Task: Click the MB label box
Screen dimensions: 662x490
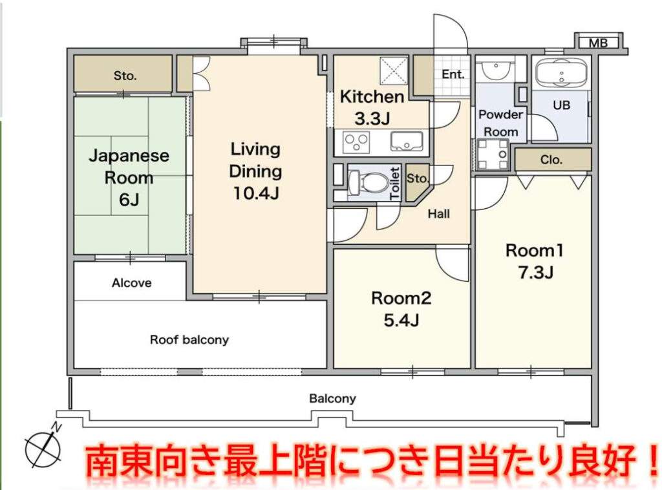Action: tap(598, 43)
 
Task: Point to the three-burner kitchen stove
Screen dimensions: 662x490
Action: tap(357, 142)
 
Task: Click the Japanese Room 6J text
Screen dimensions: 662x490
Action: tap(129, 177)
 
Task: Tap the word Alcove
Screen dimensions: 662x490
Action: tap(131, 282)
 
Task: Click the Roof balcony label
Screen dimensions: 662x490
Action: tap(189, 340)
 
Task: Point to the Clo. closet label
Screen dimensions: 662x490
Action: tap(551, 160)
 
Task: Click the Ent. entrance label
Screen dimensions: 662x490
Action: tap(453, 75)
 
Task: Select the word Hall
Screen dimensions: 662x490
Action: tap(439, 214)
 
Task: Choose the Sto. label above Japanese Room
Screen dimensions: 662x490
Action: tap(125, 76)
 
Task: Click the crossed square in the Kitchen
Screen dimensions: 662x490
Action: tap(394, 70)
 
